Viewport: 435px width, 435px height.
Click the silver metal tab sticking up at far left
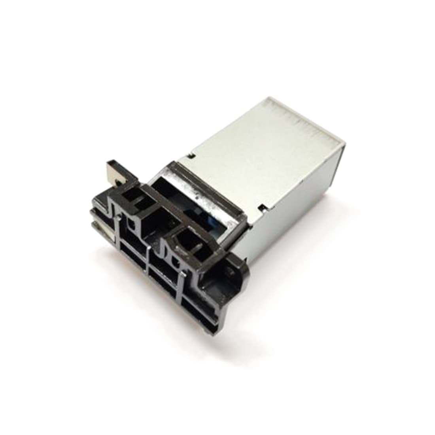115,170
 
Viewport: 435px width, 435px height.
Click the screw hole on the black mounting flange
229,272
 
